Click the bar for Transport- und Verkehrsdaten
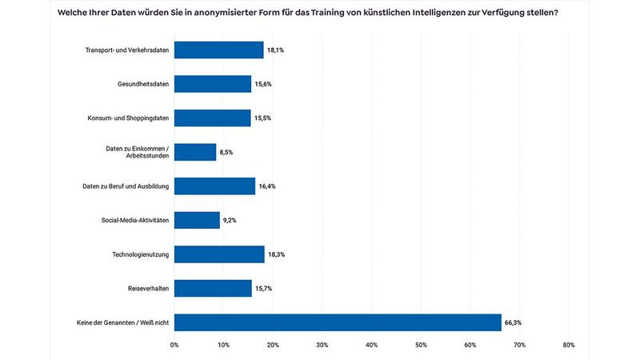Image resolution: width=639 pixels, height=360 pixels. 218,50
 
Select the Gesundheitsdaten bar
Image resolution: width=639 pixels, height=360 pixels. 213,84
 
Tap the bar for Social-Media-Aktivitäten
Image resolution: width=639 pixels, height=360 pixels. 197,220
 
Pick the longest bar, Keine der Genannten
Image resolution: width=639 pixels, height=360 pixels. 337,322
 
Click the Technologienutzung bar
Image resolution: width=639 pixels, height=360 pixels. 219,254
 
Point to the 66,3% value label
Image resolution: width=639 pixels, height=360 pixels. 513,322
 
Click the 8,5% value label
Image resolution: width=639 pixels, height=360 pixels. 227,152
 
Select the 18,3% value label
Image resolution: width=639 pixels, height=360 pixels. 277,254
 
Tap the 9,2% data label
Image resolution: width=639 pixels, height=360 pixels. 231,220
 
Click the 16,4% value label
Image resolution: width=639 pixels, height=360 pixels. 267,186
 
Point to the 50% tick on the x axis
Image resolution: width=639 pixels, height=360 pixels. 421,345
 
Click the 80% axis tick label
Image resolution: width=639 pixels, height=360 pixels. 569,345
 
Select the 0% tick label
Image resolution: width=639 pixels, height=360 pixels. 174,345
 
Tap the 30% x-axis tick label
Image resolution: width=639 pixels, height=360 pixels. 322,345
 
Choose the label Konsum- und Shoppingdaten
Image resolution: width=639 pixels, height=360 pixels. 128,118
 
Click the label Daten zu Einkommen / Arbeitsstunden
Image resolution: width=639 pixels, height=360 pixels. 138,152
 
